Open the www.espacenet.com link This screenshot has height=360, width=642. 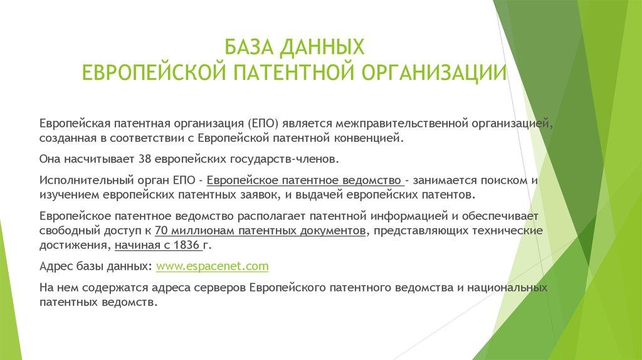(212, 266)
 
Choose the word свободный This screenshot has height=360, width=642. (65, 231)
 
